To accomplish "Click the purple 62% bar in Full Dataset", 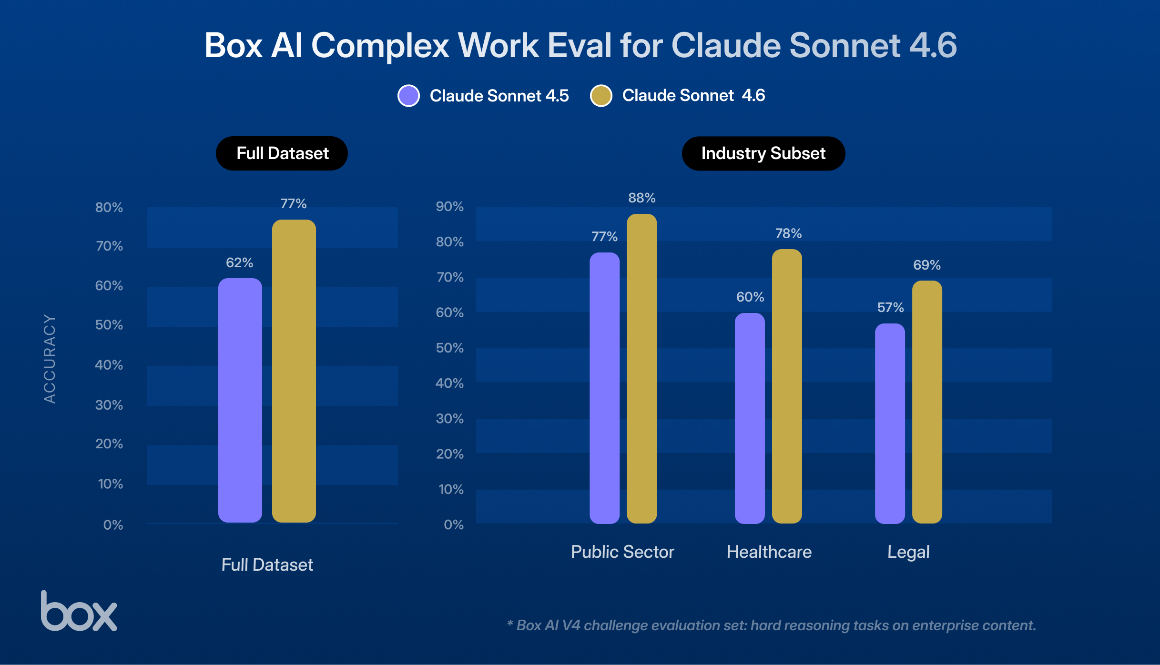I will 240,400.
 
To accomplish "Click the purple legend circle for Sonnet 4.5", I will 408,96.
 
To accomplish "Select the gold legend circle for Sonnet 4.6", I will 601,96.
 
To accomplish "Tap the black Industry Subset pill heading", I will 763,153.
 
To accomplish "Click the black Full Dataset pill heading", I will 282,153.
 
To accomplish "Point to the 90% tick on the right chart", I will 449,206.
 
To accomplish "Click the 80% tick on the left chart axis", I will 109,207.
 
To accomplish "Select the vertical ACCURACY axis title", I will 50,358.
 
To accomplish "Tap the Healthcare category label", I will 769,552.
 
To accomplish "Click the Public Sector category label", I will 622,552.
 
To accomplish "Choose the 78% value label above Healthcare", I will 788,233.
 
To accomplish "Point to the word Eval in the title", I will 579,46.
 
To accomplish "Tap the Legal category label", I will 908,552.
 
